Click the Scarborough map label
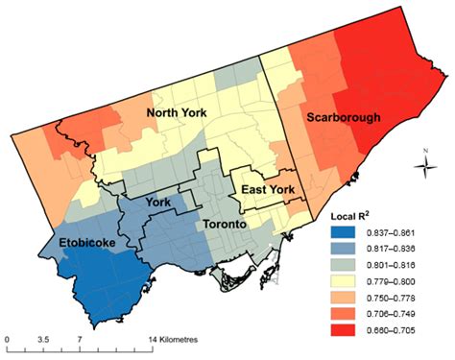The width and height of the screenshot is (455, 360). coord(344,118)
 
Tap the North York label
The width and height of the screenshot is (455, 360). coord(180,115)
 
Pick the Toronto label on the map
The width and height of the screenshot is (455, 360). coord(228,224)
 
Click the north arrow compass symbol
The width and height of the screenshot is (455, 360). coord(423,168)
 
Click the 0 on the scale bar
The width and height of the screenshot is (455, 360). coord(8,342)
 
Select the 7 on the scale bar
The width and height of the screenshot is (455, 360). coord(79,342)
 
